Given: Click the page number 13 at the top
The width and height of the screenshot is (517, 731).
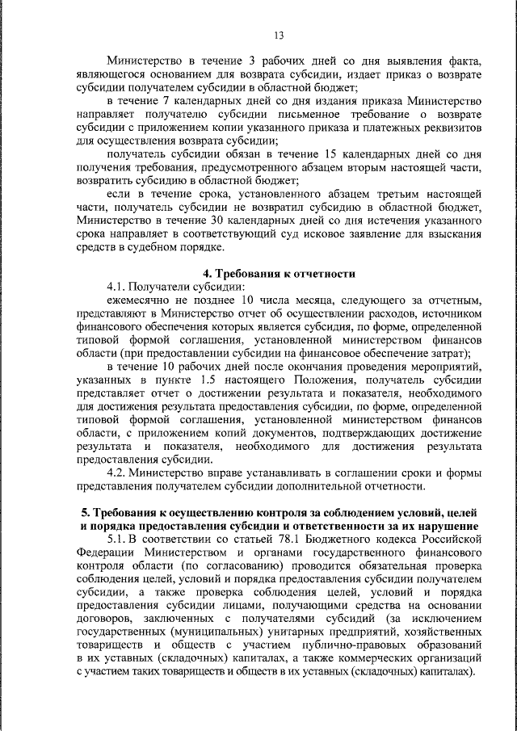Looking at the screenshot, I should [279, 35].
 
